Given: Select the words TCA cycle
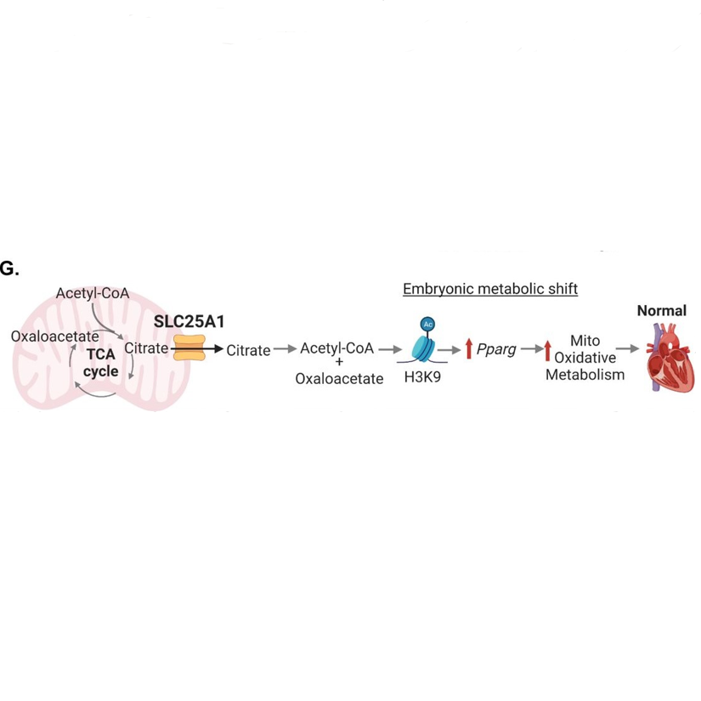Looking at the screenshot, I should click(100, 363).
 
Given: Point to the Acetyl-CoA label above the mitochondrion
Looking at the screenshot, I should click(93, 293).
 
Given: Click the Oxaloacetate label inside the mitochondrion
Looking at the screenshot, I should click(55, 336).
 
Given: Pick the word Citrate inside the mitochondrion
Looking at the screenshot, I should click(146, 348).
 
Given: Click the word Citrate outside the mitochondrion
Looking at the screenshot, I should click(248, 350).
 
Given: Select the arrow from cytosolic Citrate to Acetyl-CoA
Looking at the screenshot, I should click(285, 349).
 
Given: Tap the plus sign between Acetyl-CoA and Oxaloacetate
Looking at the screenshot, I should click(339, 363).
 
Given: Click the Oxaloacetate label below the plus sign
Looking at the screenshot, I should click(339, 379).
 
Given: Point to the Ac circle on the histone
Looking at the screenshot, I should click(427, 325).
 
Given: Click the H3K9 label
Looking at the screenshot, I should click(422, 379).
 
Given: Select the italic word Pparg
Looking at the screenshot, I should click(496, 349).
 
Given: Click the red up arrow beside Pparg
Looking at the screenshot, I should click(468, 349).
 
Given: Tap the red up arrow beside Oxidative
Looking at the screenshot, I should click(547, 350).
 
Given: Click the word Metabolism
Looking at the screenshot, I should click(585, 375).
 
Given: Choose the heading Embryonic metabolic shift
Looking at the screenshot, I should click(490, 289).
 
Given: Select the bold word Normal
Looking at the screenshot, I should click(661, 311).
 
